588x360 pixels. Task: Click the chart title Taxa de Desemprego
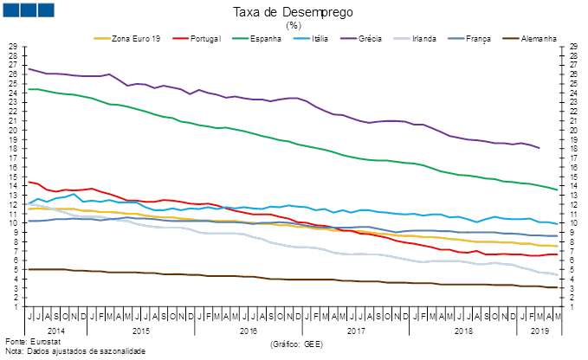tap(294, 12)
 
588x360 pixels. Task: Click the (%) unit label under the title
tap(294, 25)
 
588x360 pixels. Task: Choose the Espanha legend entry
tap(262, 39)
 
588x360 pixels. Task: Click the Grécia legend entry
tap(368, 39)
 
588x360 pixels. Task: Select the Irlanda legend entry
tap(423, 39)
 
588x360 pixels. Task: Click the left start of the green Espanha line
tap(29, 89)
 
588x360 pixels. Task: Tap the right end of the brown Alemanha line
tap(556, 288)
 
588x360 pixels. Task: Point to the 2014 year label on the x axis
tap(56, 330)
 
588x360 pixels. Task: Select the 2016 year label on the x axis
tap(248, 330)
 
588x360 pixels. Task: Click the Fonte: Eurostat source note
tap(23, 343)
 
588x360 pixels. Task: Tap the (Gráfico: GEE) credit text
tap(297, 344)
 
